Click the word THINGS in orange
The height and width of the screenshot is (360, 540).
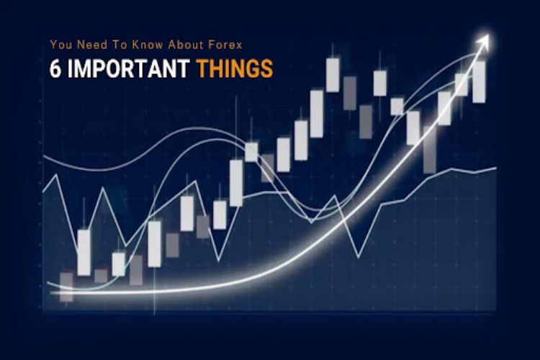click(x=235, y=68)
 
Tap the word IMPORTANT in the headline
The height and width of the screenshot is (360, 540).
click(x=128, y=68)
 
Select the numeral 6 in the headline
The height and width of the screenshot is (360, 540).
click(x=55, y=68)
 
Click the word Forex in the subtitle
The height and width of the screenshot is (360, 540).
click(x=225, y=45)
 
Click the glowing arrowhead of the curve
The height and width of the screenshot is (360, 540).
click(x=483, y=41)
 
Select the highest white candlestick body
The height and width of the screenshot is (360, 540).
click(x=333, y=75)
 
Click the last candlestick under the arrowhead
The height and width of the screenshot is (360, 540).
click(x=479, y=82)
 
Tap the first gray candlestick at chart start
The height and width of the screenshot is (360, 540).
click(x=66, y=287)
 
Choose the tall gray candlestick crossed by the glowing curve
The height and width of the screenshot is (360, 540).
click(x=430, y=150)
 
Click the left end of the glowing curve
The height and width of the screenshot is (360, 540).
click(x=51, y=293)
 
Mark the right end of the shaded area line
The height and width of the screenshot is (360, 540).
click(x=496, y=168)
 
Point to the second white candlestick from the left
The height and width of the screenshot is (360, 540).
click(x=119, y=264)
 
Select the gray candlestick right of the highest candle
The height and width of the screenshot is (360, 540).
click(x=349, y=93)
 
